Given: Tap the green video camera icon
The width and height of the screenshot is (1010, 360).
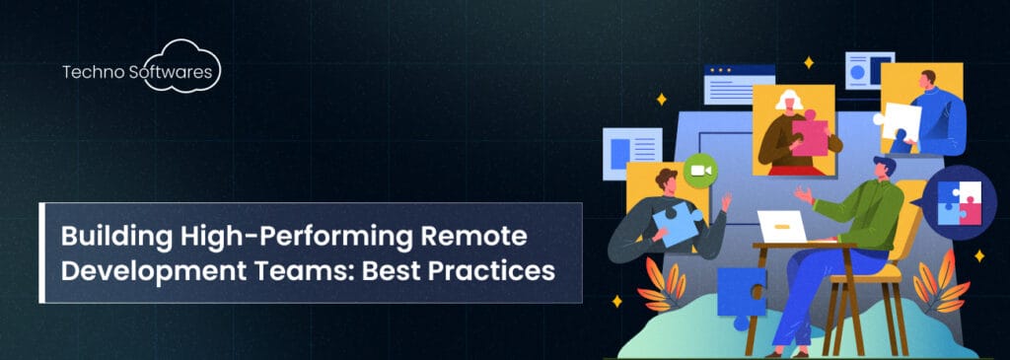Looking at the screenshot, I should coord(700,171).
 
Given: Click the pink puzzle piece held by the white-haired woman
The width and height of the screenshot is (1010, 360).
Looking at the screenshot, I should coord(811,136).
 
